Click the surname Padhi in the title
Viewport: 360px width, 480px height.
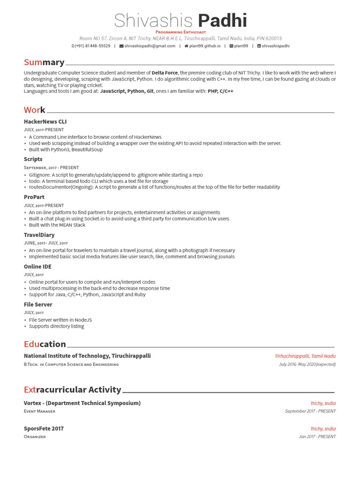click(222, 21)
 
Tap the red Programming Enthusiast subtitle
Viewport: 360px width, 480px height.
click(180, 32)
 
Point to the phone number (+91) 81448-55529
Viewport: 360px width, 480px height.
click(92, 46)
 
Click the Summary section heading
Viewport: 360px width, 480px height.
click(44, 62)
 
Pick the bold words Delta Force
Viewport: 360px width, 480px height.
click(165, 73)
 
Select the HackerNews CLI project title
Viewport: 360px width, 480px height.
click(45, 121)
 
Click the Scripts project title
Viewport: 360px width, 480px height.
click(33, 159)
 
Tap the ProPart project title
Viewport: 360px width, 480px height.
click(34, 197)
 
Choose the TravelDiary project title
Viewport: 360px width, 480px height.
click(39, 235)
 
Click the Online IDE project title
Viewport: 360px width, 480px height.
click(37, 267)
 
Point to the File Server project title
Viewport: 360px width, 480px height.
click(38, 305)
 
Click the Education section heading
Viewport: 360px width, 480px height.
click(45, 344)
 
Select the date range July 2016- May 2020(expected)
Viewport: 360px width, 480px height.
click(307, 364)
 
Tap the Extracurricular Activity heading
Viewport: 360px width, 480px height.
click(72, 390)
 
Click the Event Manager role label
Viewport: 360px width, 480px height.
click(39, 411)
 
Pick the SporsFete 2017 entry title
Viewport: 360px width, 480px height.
click(44, 428)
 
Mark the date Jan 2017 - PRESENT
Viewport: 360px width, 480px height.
click(317, 436)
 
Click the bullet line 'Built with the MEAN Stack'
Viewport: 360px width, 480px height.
click(57, 225)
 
